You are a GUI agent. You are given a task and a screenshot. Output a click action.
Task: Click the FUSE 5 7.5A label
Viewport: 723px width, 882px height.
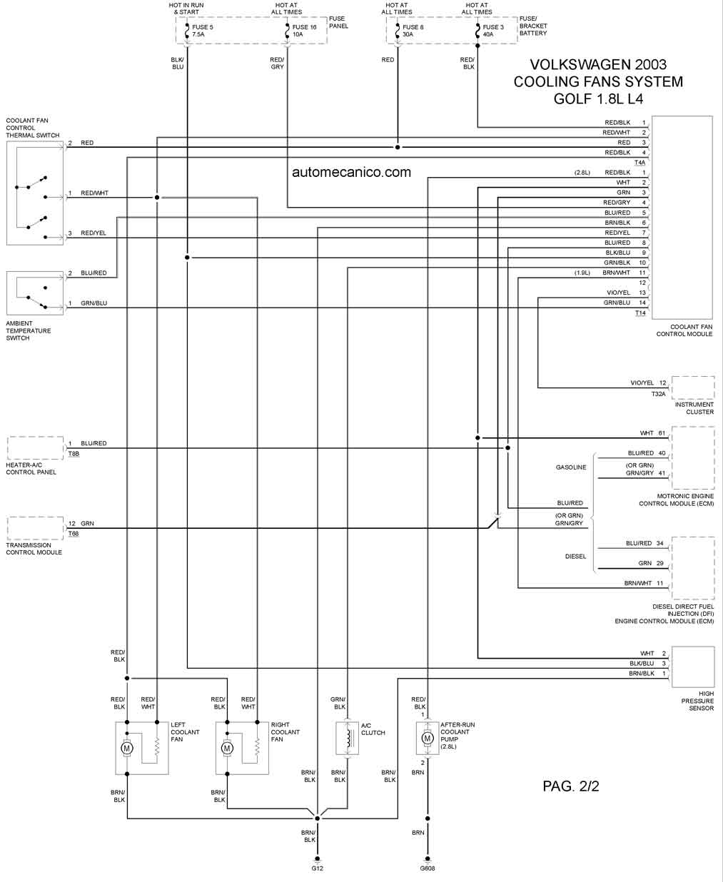(202, 31)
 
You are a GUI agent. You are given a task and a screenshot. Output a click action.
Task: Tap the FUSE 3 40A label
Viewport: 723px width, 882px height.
(493, 31)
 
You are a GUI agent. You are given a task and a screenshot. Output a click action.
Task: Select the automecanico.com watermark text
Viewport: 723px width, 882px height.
(351, 172)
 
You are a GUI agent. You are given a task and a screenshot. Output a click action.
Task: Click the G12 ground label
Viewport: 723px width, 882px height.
(317, 868)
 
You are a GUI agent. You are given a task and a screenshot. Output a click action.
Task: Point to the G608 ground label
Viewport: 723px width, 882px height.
(428, 868)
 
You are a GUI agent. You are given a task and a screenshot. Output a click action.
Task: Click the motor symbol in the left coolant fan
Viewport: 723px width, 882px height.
(127, 747)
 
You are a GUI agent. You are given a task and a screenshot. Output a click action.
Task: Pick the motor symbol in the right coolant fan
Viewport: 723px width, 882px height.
(227, 747)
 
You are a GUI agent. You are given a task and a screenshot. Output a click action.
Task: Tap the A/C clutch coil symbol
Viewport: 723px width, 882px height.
(348, 738)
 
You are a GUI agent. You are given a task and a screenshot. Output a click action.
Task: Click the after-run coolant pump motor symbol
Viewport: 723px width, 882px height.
(428, 738)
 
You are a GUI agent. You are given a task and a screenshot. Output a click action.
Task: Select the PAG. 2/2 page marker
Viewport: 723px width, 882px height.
(571, 786)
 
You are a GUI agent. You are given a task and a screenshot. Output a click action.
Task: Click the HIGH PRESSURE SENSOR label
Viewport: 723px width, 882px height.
(697, 701)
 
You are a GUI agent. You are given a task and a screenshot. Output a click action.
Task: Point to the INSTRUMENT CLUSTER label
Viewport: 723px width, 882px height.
(694, 408)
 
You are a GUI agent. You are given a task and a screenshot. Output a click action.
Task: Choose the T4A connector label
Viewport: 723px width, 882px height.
(639, 162)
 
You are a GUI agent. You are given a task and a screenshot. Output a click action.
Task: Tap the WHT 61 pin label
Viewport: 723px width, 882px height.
(652, 433)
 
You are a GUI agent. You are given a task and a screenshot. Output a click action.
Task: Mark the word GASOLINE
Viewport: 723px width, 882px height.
(571, 467)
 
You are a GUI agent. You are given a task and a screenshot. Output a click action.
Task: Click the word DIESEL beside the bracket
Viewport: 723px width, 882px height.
(575, 556)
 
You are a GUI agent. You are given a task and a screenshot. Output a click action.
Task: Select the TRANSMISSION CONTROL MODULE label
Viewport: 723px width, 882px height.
(34, 549)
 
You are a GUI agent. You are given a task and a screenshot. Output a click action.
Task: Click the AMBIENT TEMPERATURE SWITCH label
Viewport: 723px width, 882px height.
(29, 330)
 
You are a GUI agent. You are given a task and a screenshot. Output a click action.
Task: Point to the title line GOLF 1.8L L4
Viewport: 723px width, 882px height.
(598, 98)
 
